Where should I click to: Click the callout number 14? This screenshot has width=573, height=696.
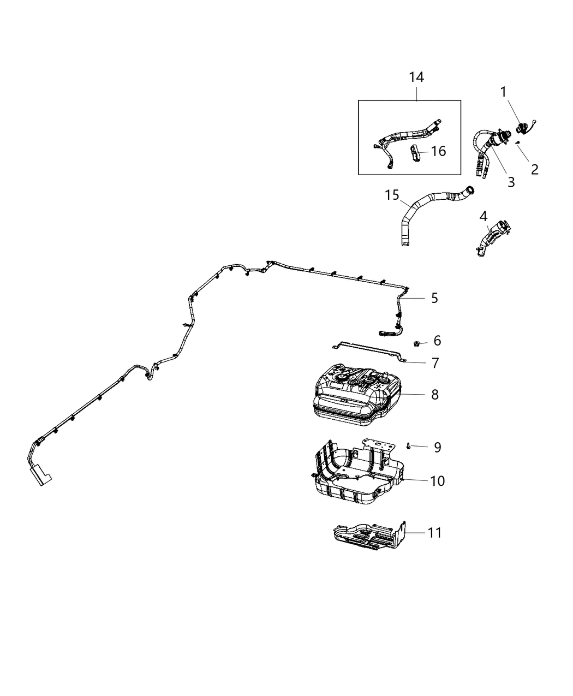(416, 77)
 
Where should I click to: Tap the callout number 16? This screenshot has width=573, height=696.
(438, 151)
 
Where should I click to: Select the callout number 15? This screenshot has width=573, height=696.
(392, 195)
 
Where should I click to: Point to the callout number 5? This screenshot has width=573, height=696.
(434, 298)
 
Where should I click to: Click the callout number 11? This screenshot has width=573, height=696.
(434, 532)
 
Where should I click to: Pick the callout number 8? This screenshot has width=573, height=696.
(434, 394)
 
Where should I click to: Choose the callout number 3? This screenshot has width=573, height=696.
(511, 182)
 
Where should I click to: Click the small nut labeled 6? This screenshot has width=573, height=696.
(416, 343)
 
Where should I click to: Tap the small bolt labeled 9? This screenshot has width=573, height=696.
(408, 446)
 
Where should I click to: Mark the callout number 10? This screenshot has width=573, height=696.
(437, 481)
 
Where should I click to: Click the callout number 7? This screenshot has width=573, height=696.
(434, 362)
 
